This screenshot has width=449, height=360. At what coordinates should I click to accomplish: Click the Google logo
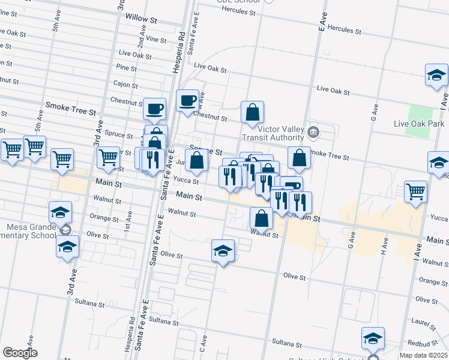20,353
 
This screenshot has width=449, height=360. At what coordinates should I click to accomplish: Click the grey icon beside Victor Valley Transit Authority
313,132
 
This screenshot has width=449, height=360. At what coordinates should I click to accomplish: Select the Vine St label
155,39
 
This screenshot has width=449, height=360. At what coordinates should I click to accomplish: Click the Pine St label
127,67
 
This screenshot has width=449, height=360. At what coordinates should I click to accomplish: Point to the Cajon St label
125,85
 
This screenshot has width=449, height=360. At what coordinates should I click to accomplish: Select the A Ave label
202,95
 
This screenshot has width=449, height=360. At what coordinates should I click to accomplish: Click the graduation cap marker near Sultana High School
373,338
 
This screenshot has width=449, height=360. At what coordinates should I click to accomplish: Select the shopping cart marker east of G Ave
416,192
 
